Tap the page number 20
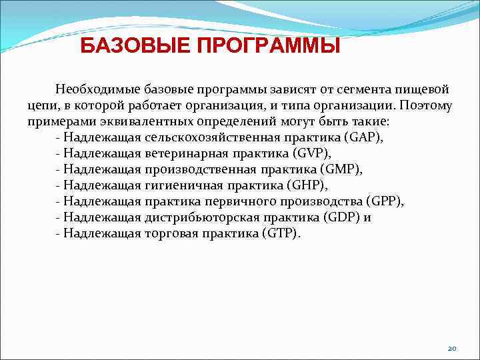452,349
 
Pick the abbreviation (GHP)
306,185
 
